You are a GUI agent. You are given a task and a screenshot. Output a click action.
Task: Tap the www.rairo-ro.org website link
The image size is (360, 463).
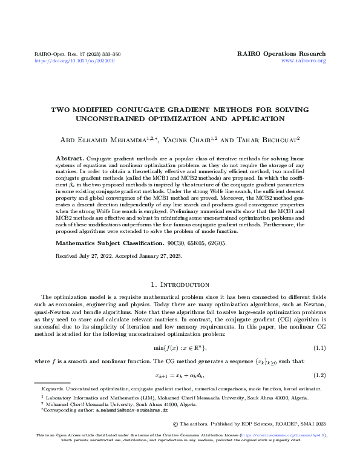(x=304, y=61)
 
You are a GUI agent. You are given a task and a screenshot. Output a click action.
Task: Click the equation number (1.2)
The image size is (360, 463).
(x=319, y=375)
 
